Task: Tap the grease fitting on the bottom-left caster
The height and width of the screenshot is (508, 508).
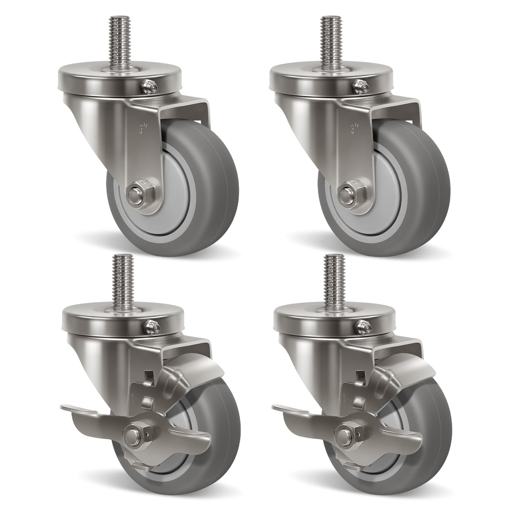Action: point(150,326)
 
